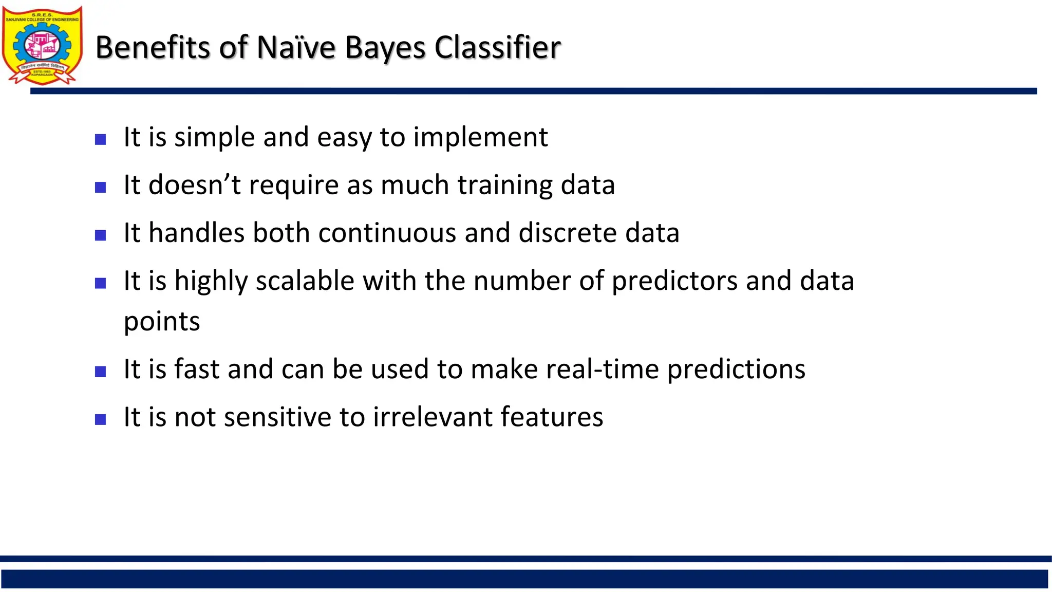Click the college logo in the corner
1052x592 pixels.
click(42, 45)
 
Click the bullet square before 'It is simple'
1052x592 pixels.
click(101, 139)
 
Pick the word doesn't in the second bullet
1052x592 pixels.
click(194, 185)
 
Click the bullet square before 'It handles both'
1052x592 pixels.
click(101, 235)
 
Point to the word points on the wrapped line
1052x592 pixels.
click(162, 322)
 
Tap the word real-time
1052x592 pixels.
click(602, 369)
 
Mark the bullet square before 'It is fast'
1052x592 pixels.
click(101, 372)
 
